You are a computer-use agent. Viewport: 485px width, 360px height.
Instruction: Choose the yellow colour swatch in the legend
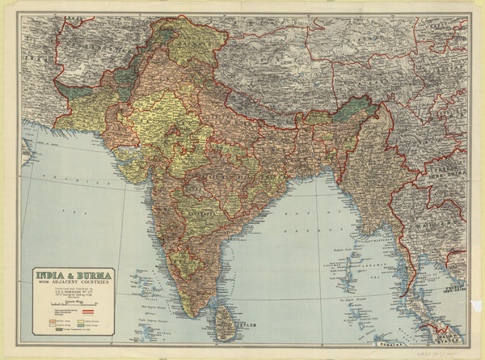pos(46,326)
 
